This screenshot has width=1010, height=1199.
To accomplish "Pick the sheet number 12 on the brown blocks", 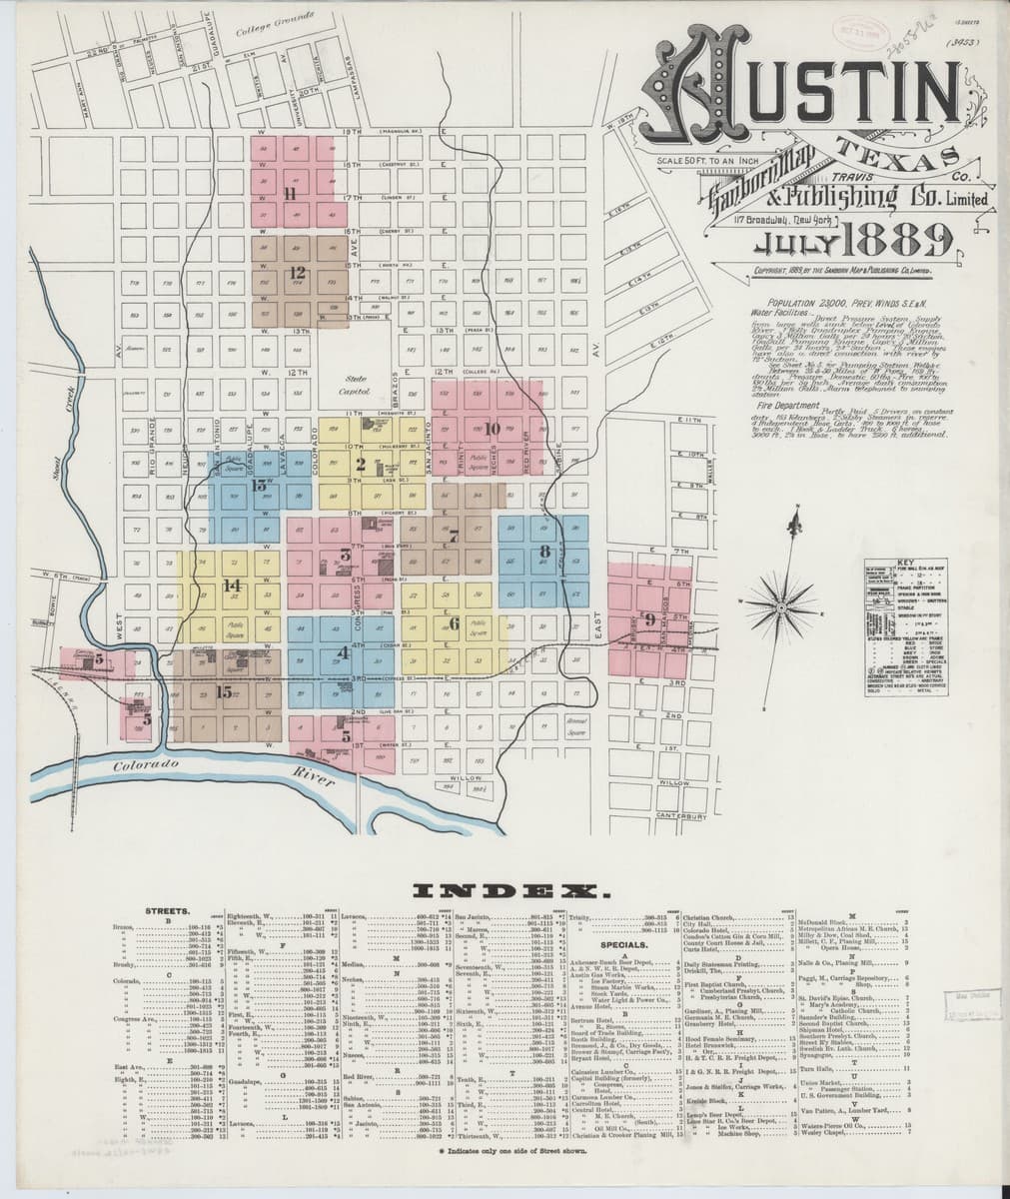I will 297,272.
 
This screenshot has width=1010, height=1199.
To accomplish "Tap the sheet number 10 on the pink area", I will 491,430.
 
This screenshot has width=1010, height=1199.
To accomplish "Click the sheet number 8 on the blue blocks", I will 544,551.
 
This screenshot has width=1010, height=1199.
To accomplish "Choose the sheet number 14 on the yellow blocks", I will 233,586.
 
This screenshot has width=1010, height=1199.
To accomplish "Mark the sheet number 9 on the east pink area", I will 650,619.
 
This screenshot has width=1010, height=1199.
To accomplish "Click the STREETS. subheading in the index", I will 162,911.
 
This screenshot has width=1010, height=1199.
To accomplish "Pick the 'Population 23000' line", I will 832,302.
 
